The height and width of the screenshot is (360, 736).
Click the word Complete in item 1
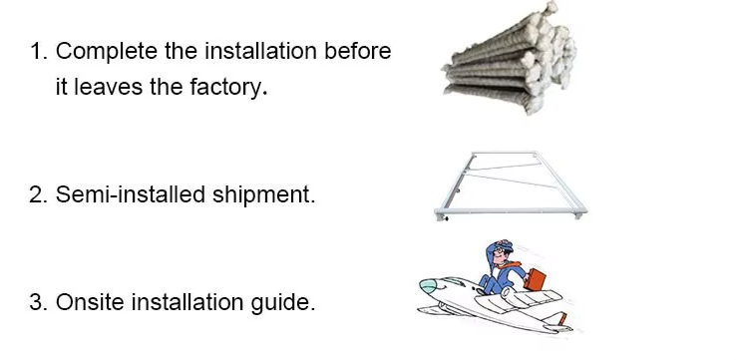tap(106, 51)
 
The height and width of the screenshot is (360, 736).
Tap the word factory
tap(228, 87)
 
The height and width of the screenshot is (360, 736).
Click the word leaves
tap(109, 87)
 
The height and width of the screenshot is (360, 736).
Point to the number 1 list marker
tap(39, 51)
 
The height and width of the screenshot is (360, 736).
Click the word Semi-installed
tap(131, 194)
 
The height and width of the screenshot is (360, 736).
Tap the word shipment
tap(263, 194)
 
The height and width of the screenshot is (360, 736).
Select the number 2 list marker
tap(39, 194)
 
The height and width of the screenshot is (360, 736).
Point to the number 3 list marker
tap(39, 302)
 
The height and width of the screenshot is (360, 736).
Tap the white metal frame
tap(511, 210)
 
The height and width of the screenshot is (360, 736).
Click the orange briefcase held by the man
tap(535, 279)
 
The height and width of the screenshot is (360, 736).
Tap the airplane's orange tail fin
tap(561, 318)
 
